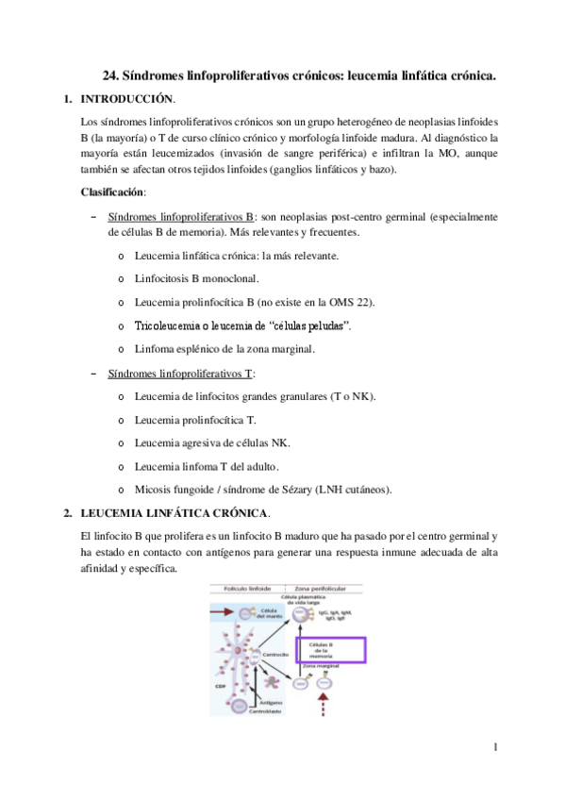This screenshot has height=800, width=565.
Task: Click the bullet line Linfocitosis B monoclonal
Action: [x=196, y=278]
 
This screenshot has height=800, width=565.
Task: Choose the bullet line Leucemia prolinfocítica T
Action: [x=195, y=420]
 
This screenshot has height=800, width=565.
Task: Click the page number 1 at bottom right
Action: [x=494, y=747]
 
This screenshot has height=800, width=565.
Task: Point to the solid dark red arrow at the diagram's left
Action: [x=225, y=613]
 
